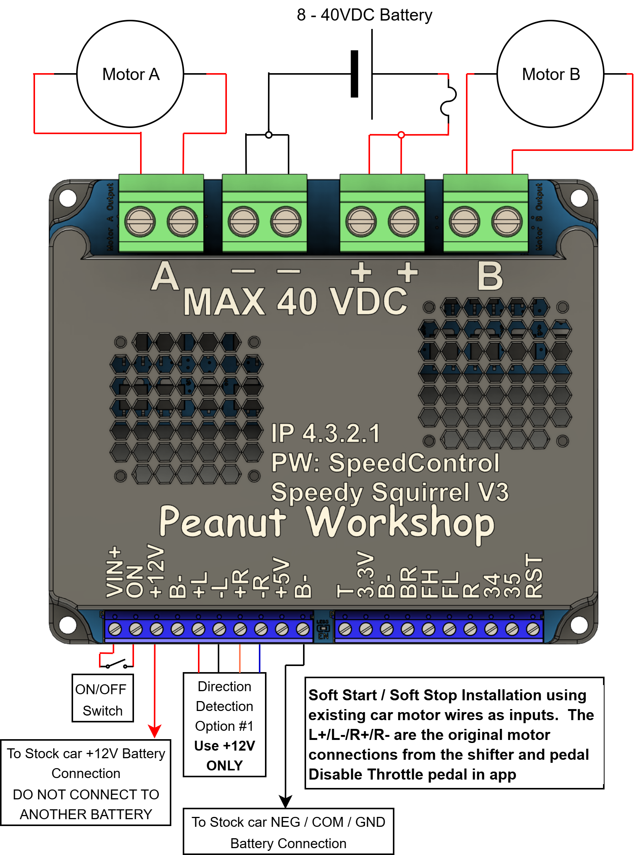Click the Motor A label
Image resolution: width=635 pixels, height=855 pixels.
131,75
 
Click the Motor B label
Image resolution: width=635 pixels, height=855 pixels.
550,75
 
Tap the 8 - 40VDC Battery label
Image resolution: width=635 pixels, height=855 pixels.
364,15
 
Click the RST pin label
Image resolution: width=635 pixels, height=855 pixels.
533,576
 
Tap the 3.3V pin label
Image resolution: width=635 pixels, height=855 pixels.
365,575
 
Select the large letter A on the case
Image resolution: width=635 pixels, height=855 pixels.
165,276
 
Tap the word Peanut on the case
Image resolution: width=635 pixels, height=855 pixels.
223,522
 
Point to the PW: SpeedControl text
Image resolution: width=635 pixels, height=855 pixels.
385,463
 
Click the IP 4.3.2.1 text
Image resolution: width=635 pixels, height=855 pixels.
325,434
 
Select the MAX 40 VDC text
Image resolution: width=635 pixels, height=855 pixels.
295,302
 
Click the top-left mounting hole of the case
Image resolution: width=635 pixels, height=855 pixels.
68,198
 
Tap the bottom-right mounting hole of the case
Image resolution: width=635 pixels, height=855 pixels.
579,625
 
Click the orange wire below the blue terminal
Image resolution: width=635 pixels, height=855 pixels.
249,658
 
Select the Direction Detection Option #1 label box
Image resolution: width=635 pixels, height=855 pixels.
225,725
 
